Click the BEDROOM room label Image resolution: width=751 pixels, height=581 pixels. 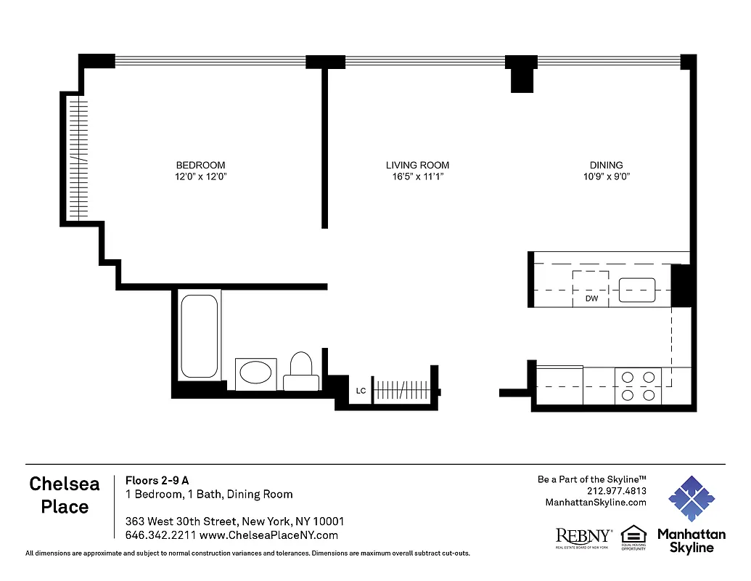[200, 165]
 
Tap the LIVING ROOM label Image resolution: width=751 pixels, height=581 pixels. [417, 165]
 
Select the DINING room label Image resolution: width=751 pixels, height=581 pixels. [606, 165]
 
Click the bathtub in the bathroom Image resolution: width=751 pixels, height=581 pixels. [198, 336]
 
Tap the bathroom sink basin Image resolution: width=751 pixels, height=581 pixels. [255, 373]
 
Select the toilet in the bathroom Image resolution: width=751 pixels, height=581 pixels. [300, 370]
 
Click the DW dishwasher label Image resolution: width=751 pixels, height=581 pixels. [591, 298]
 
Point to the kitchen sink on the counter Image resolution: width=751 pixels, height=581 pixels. [636, 290]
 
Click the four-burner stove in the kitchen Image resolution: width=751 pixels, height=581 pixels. [639, 386]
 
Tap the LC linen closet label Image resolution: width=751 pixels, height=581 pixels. [361, 391]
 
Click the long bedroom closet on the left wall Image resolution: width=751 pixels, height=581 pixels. [78, 158]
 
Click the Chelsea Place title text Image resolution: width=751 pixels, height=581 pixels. [65, 495]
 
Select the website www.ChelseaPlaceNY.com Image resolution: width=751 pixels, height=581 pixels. [268, 535]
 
